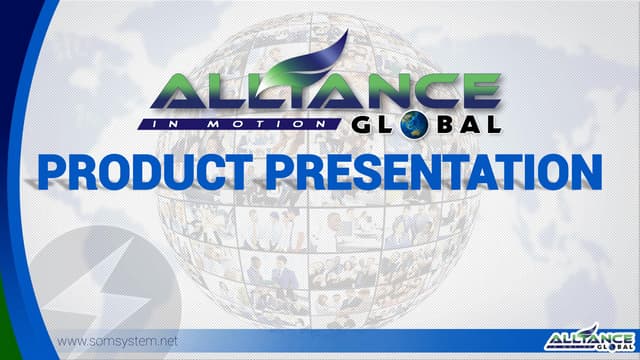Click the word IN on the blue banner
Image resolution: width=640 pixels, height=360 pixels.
pos(179,124)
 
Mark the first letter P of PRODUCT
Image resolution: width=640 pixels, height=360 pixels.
pos(54,171)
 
